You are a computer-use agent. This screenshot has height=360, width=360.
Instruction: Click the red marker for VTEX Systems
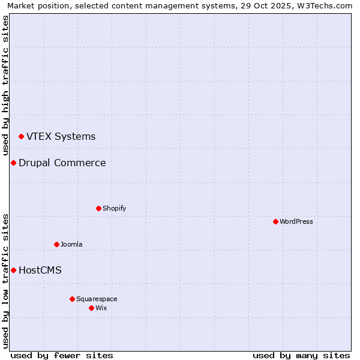pos(21,137)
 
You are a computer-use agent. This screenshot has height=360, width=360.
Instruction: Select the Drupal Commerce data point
pos(13,163)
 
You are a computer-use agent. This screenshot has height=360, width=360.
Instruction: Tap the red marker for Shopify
pos(98,209)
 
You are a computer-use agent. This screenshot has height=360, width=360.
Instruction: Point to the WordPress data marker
pos(275,222)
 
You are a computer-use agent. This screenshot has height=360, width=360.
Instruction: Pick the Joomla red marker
pos(56,245)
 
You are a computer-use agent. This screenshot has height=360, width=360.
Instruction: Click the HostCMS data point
pos(13,271)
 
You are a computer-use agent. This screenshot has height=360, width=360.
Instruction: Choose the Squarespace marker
pos(72,299)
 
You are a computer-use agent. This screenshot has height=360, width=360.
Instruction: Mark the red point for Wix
pos(91,308)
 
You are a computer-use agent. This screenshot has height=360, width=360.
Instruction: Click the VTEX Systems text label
pos(61,137)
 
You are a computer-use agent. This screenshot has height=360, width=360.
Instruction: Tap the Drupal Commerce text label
pos(62,163)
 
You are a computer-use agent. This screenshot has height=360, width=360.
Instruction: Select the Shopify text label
pos(114,209)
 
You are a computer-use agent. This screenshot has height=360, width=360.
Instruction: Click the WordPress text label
pos(296,222)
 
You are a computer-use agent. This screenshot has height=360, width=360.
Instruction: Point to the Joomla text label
pos(71,245)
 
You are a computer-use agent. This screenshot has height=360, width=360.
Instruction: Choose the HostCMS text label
pos(40,271)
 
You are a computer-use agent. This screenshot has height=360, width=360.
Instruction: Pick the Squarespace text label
pos(97,299)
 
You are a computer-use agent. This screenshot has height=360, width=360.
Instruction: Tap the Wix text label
pos(101,308)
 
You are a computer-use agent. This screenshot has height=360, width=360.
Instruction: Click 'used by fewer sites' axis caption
pos(62,355)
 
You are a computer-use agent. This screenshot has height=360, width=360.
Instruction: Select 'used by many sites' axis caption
pos(301,355)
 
